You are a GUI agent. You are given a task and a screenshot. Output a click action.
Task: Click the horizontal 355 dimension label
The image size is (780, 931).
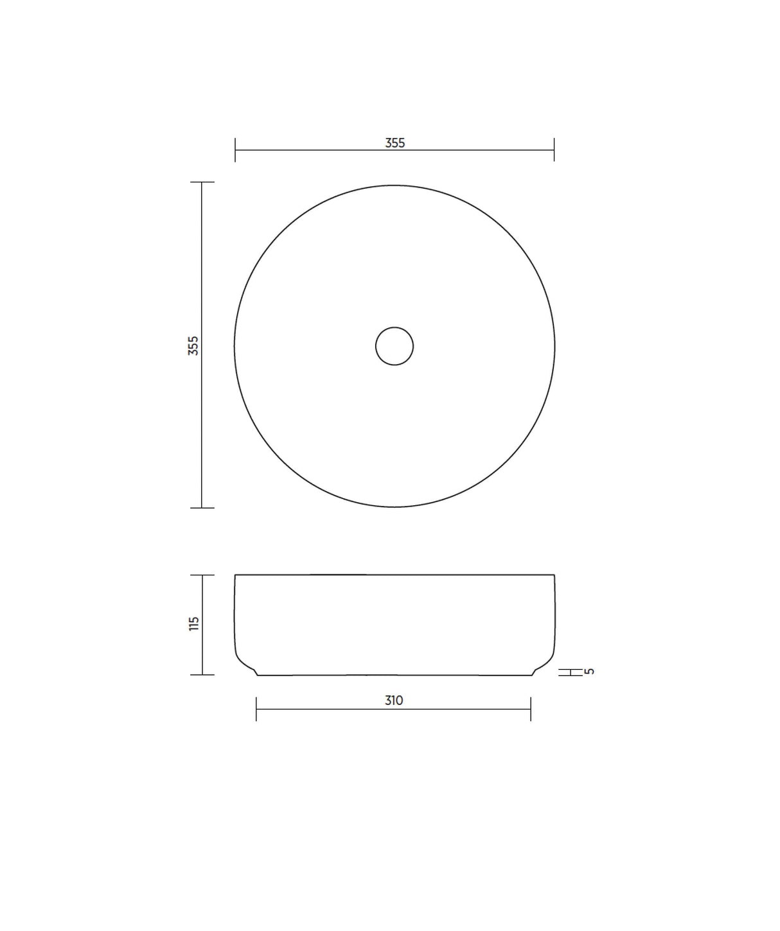click(x=395, y=143)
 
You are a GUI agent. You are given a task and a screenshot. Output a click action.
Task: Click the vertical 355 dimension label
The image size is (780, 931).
click(x=193, y=345)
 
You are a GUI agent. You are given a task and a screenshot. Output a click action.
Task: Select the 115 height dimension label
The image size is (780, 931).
click(x=193, y=623)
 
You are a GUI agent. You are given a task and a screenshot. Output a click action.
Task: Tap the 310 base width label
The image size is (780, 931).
click(x=394, y=700)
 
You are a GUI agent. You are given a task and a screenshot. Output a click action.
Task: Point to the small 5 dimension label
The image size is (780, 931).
click(x=589, y=671)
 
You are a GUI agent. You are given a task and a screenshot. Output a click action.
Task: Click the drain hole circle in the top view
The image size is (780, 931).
click(x=394, y=347)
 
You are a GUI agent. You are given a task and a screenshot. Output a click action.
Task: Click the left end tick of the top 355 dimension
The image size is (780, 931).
click(x=235, y=150)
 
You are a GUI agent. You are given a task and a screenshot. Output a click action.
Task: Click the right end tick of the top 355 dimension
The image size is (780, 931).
click(x=554, y=150)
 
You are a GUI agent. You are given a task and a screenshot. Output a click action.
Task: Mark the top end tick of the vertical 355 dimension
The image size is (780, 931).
click(x=202, y=182)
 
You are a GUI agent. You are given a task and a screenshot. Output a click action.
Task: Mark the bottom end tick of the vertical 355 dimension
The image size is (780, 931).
click(x=202, y=508)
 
